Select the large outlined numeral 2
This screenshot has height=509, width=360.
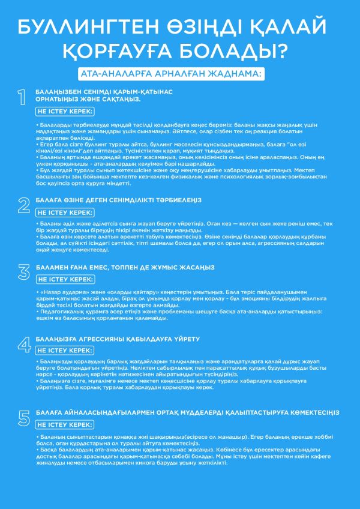[x=23, y=205]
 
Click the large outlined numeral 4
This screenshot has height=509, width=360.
[x=23, y=344]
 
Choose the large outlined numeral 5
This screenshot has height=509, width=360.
[x=23, y=417]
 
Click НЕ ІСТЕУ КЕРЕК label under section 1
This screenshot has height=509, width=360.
[x=65, y=111]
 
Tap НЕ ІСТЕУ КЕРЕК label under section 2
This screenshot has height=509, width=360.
[x=65, y=212]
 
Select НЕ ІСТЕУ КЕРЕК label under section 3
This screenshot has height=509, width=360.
[x=65, y=279]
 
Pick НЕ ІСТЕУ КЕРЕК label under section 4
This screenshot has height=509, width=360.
[x=65, y=351]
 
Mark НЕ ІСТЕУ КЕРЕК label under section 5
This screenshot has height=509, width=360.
[x=65, y=424]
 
